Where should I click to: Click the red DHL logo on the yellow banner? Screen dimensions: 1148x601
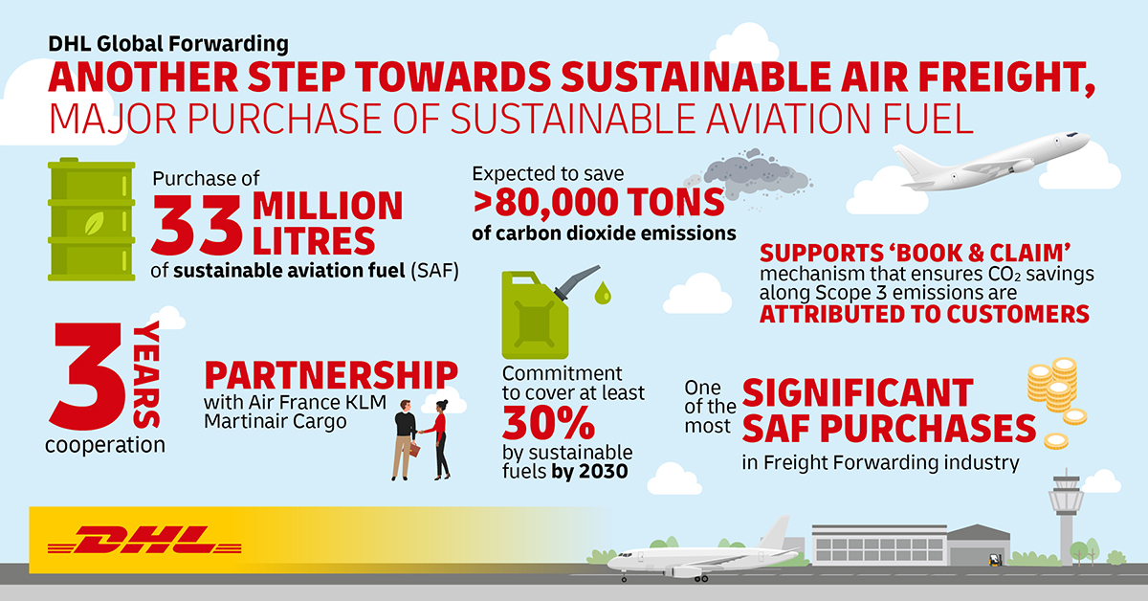click(144, 540)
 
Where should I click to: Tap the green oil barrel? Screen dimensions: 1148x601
click(91, 219)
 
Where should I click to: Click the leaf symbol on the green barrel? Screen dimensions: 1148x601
click(95, 224)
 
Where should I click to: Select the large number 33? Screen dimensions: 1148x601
click(197, 225)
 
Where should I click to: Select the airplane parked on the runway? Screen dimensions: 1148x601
click(702, 554)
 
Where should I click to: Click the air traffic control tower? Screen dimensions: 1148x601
click(1066, 517)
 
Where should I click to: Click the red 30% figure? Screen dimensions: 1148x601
click(548, 423)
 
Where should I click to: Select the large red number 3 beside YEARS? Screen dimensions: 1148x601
click(87, 376)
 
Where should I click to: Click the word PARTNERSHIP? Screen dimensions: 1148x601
click(331, 376)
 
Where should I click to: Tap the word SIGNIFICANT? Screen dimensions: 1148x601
click(857, 393)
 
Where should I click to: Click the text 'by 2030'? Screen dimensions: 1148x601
click(589, 472)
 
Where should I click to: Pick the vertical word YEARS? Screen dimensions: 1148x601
click(146, 375)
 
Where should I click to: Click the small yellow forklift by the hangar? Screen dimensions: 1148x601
click(995, 560)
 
